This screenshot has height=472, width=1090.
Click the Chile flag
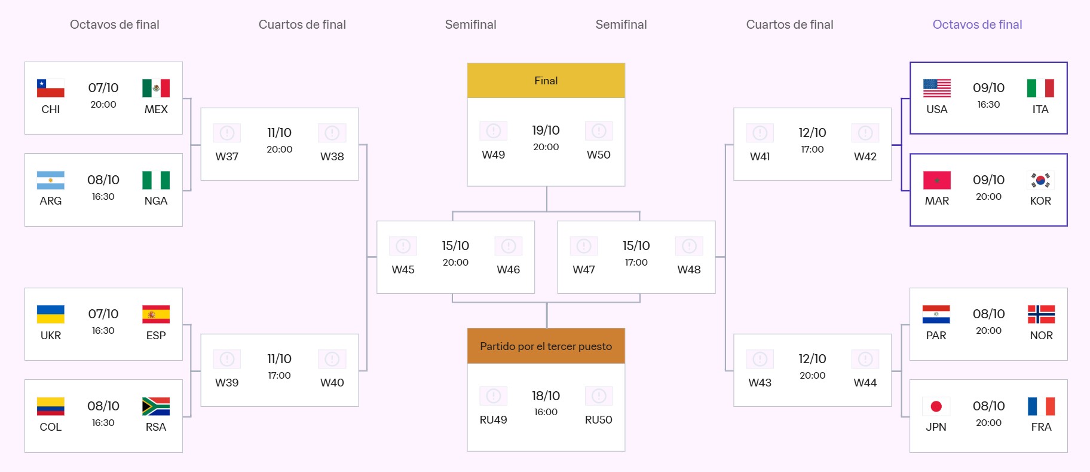[50, 88]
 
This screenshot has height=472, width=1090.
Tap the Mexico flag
[156, 88]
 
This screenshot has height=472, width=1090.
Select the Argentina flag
[50, 180]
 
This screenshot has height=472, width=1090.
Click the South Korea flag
[1040, 180]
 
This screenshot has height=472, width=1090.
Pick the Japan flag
[936, 406]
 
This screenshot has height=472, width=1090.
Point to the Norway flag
[1041, 314]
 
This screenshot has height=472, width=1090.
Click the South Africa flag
[156, 406]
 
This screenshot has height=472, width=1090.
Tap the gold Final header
[546, 81]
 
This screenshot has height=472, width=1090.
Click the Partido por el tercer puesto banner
[546, 346]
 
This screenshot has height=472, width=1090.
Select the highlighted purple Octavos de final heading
[977, 25]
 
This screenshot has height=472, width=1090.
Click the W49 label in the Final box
[493, 155]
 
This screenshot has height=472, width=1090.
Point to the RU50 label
[598, 420]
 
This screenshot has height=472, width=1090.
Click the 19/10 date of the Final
[546, 130]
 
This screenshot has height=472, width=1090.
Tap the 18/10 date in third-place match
[546, 396]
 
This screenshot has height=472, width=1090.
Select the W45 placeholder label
[403, 270]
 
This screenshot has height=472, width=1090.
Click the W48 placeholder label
[688, 270]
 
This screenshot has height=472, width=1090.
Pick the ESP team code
[156, 336]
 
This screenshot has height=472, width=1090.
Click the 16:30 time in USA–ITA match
[988, 105]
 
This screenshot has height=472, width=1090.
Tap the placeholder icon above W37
[226, 133]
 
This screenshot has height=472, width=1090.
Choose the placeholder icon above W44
[865, 359]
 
